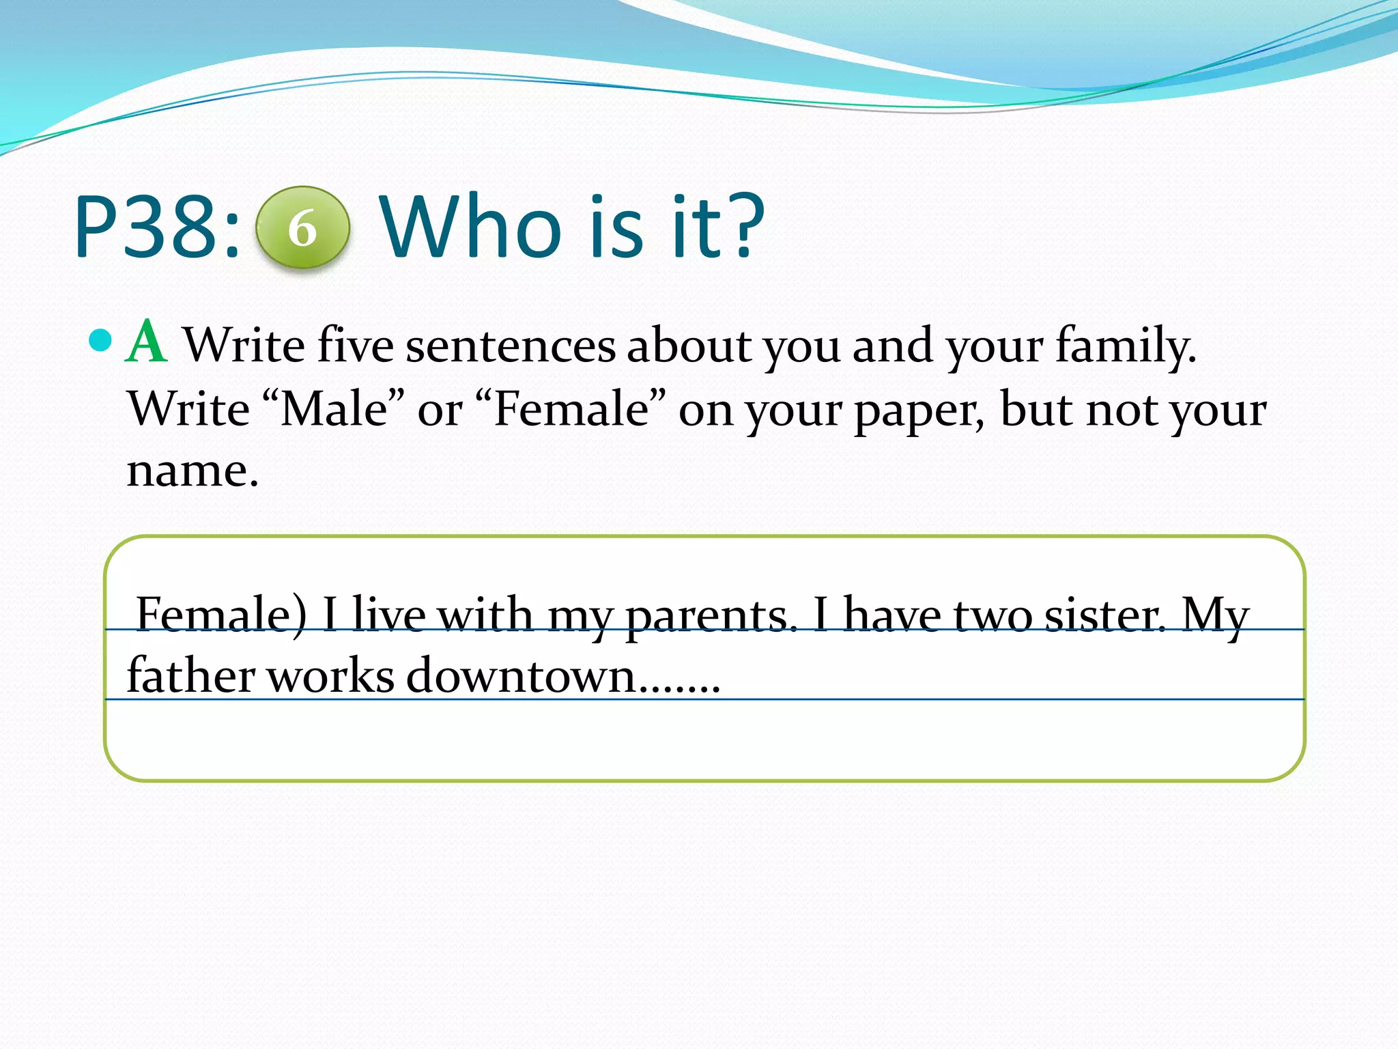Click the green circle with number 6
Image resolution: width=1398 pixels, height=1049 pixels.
302,227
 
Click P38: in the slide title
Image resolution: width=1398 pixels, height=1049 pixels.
157,227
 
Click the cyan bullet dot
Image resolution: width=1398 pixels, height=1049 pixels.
100,340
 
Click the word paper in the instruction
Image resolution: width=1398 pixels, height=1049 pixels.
919,410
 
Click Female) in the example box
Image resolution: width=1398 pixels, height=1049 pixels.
221,615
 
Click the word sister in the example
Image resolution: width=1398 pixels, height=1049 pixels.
1102,615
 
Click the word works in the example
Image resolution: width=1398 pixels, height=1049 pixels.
330,676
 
